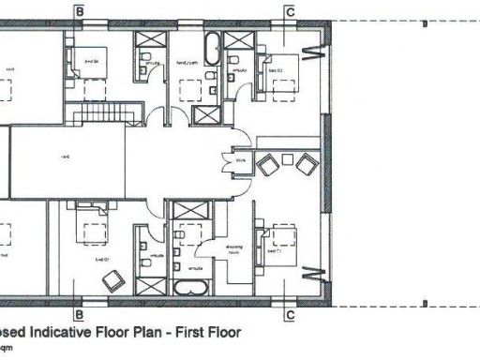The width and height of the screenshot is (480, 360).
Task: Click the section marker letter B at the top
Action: point(80,10)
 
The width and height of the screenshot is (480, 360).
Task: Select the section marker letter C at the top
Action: point(291,10)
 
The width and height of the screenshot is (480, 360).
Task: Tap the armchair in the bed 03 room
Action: point(114,278)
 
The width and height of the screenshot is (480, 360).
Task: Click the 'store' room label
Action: point(241,160)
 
